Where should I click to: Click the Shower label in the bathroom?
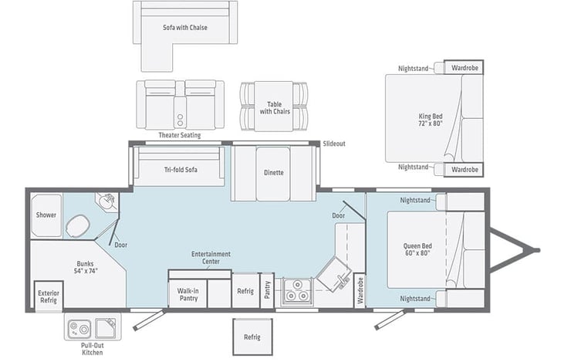(x=46, y=215)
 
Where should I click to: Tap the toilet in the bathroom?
(x=77, y=226)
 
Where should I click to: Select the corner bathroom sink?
(x=106, y=201)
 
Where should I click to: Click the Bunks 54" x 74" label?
(x=86, y=267)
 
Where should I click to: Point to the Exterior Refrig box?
(x=49, y=296)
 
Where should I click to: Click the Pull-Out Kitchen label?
(x=93, y=349)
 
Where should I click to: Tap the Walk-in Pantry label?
(x=188, y=294)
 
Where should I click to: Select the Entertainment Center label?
(x=211, y=258)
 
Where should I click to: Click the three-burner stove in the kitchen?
(x=297, y=291)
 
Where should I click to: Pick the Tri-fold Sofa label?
(x=181, y=170)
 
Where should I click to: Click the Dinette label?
(x=273, y=173)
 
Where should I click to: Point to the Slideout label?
(x=334, y=144)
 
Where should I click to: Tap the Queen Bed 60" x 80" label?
(x=417, y=249)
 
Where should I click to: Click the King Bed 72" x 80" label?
(x=431, y=120)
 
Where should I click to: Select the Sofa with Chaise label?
(x=185, y=27)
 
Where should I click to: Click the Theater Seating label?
(x=180, y=135)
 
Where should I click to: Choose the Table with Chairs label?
(x=275, y=108)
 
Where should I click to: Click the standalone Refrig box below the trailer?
(x=252, y=337)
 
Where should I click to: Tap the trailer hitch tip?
(x=538, y=250)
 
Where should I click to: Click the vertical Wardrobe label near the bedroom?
(x=360, y=291)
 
